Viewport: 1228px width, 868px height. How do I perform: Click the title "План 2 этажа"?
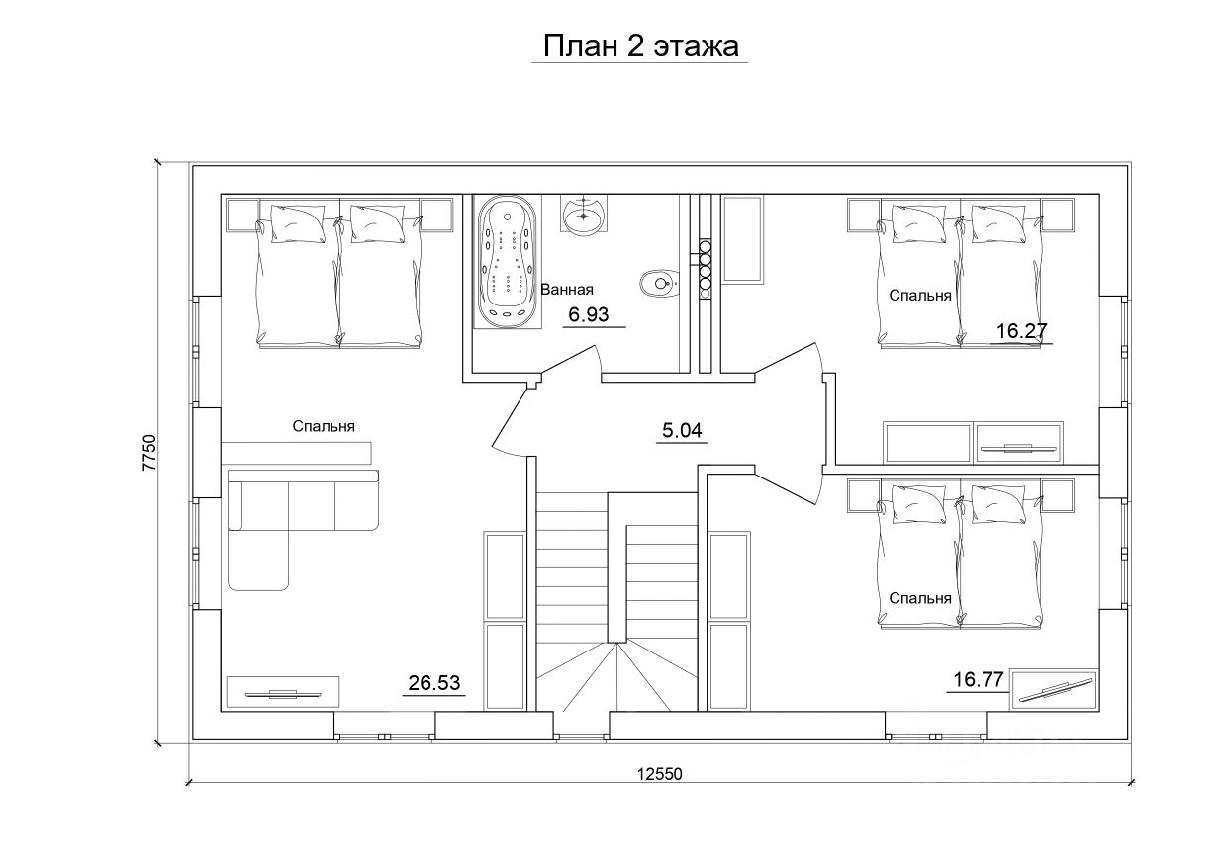[x=640, y=46]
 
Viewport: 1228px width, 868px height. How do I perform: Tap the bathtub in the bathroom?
[x=508, y=263]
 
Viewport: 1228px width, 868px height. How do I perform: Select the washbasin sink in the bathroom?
[x=584, y=215]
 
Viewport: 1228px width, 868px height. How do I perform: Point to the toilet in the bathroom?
[x=658, y=283]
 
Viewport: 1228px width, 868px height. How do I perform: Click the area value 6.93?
[x=589, y=314]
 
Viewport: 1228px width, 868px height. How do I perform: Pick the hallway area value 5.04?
[x=682, y=430]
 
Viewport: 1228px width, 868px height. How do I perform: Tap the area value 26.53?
[x=434, y=682]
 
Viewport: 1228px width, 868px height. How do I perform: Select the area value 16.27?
[x=1021, y=331]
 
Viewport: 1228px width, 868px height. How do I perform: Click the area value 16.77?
[x=979, y=679]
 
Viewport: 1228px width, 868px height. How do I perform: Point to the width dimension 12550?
[x=659, y=774]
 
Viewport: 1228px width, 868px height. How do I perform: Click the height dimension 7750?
[x=149, y=453]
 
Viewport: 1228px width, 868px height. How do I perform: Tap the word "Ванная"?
[x=567, y=289]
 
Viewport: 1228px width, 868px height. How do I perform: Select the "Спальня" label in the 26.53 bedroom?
[x=324, y=426]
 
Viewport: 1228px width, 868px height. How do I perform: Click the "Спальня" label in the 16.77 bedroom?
[x=920, y=598]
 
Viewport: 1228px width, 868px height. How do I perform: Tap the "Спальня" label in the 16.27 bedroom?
[x=920, y=296]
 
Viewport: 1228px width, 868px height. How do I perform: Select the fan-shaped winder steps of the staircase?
[x=616, y=677]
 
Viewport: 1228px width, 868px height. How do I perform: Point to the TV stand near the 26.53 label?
[x=283, y=692]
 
